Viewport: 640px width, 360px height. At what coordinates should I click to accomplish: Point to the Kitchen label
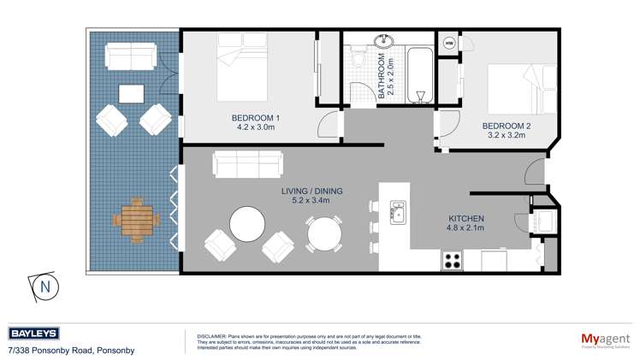[x=465, y=223]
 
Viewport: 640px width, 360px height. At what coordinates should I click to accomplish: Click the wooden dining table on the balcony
[x=135, y=219]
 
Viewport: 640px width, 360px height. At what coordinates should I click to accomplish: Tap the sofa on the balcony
[x=130, y=57]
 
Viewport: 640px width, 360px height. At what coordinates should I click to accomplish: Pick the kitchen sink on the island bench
[x=398, y=212]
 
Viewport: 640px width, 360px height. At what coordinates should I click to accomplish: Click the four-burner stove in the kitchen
[x=453, y=260]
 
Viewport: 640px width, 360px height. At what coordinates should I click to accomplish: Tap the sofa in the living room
[x=247, y=162]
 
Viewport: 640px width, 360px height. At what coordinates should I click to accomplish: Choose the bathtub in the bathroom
[x=420, y=74]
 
